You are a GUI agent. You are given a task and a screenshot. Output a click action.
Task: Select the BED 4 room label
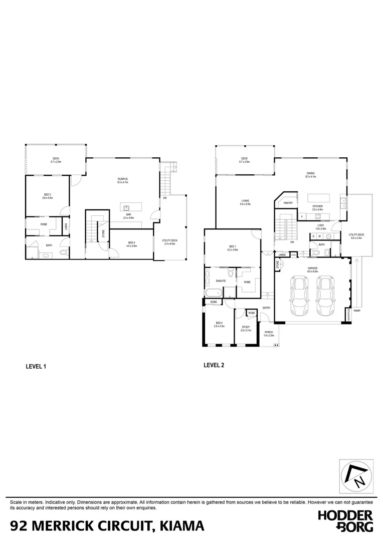point(131,243)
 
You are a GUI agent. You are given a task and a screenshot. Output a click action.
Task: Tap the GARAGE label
point(313,268)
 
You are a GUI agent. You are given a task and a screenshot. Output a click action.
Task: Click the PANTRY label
point(288,203)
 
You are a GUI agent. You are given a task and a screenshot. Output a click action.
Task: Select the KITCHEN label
point(318,206)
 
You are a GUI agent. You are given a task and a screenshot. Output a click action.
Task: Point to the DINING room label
point(311,174)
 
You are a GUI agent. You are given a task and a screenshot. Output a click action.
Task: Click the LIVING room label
point(245,201)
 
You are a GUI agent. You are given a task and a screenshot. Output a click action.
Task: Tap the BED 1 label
point(233,247)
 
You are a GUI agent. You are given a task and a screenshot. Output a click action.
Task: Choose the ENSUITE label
point(221,281)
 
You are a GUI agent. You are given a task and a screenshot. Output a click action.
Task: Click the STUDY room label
point(245,327)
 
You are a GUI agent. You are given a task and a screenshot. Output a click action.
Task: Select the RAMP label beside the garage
point(356,311)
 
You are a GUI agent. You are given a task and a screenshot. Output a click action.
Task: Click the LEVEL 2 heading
point(214,365)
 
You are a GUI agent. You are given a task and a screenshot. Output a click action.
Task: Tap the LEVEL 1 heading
point(36,366)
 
